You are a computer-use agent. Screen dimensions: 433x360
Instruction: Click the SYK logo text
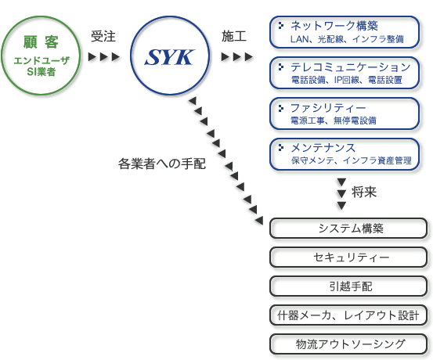[x=170, y=57]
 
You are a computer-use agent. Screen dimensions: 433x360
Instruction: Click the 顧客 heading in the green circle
[x=41, y=42]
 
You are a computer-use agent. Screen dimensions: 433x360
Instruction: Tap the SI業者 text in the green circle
[x=41, y=72]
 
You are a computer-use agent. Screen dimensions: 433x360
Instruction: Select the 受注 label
[x=103, y=36]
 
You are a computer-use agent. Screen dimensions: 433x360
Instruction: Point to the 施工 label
[x=233, y=36]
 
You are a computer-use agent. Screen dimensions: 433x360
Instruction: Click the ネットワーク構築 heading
[x=334, y=26]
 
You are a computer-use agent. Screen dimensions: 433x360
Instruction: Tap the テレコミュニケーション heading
[x=351, y=67]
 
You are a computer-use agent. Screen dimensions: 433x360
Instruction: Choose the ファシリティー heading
[x=328, y=108]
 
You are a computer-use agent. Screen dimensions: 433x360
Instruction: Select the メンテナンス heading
[x=323, y=148]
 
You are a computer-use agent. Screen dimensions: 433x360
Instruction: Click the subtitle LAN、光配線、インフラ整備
[x=347, y=39]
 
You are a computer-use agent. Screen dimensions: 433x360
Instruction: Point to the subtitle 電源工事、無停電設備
[x=334, y=121]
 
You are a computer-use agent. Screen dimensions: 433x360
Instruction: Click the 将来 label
[x=364, y=193]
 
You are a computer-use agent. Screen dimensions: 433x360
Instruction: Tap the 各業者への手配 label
[x=162, y=164]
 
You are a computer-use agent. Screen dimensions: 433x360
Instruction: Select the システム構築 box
[x=348, y=229]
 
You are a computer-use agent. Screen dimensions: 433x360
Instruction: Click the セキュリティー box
[x=348, y=257]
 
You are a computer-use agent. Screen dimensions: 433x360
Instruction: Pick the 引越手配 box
[x=348, y=286]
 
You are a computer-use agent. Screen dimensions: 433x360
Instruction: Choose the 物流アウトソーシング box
[x=348, y=344]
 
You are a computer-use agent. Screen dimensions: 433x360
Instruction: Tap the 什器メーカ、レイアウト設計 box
[x=348, y=315]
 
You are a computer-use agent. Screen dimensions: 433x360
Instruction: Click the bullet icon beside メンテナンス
[x=281, y=148]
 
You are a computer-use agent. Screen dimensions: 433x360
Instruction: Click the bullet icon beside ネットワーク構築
[x=281, y=25]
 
